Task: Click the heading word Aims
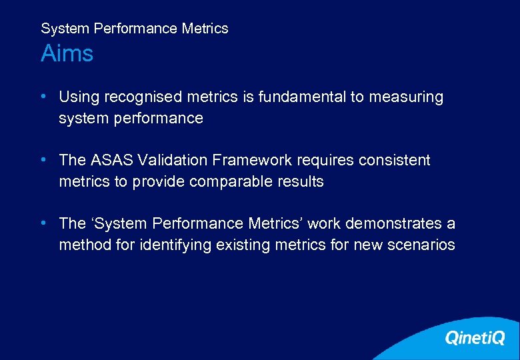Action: (x=67, y=53)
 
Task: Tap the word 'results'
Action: (x=301, y=182)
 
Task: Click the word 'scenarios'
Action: (x=422, y=245)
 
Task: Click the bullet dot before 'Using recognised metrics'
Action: (x=43, y=97)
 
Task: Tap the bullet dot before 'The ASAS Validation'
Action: (x=43, y=160)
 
